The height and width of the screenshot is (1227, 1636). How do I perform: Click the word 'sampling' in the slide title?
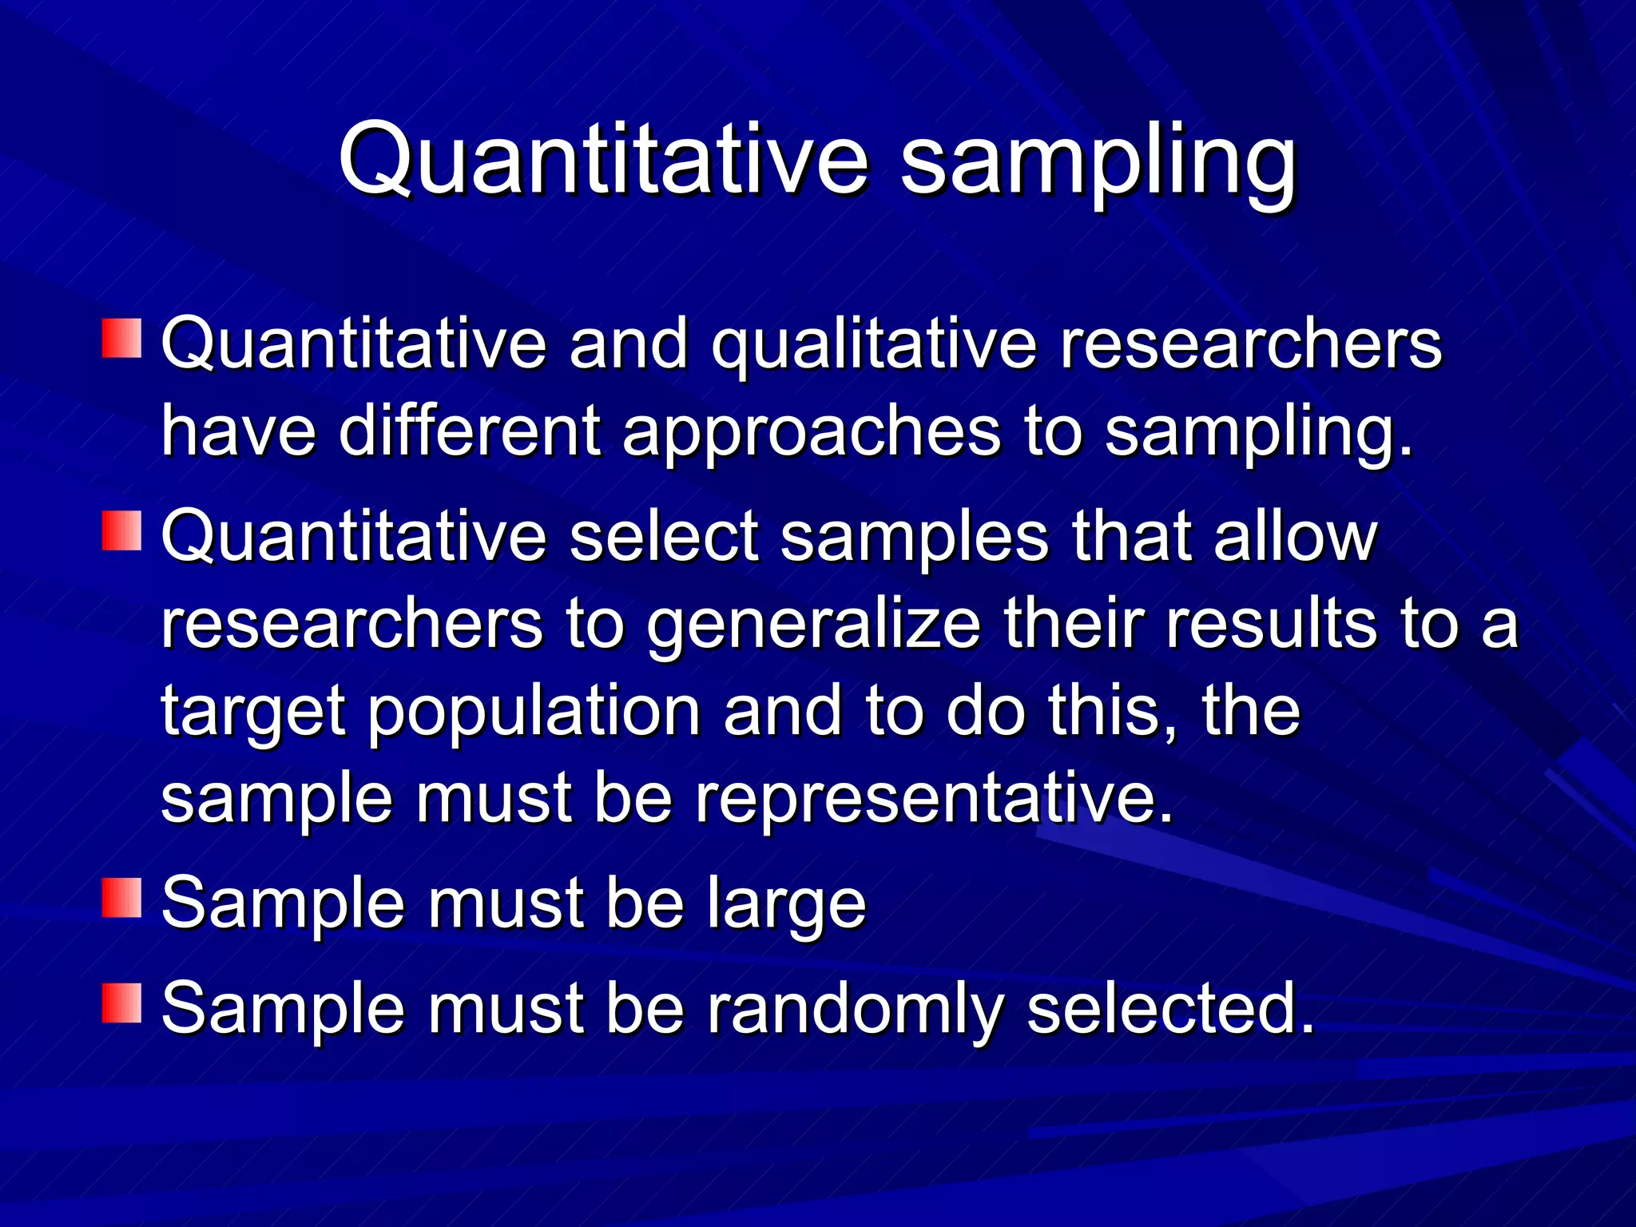coord(1098,164)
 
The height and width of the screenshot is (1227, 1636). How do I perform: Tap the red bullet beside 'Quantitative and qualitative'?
coord(121,339)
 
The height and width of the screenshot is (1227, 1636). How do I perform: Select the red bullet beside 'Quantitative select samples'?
coord(121,531)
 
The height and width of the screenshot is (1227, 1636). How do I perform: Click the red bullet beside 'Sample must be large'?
coord(121,898)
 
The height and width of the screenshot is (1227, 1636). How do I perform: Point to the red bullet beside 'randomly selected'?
coord(121,1003)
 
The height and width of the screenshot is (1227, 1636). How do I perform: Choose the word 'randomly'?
coord(855,1011)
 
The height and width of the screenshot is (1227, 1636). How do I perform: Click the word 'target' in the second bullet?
coord(253,713)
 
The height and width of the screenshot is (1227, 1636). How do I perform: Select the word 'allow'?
coord(1295,537)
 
